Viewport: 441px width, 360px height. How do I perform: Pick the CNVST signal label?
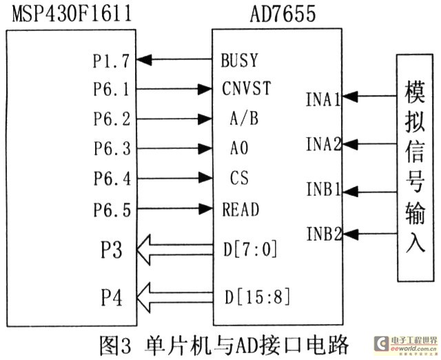(x=247, y=89)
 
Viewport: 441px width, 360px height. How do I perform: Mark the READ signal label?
(x=240, y=208)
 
